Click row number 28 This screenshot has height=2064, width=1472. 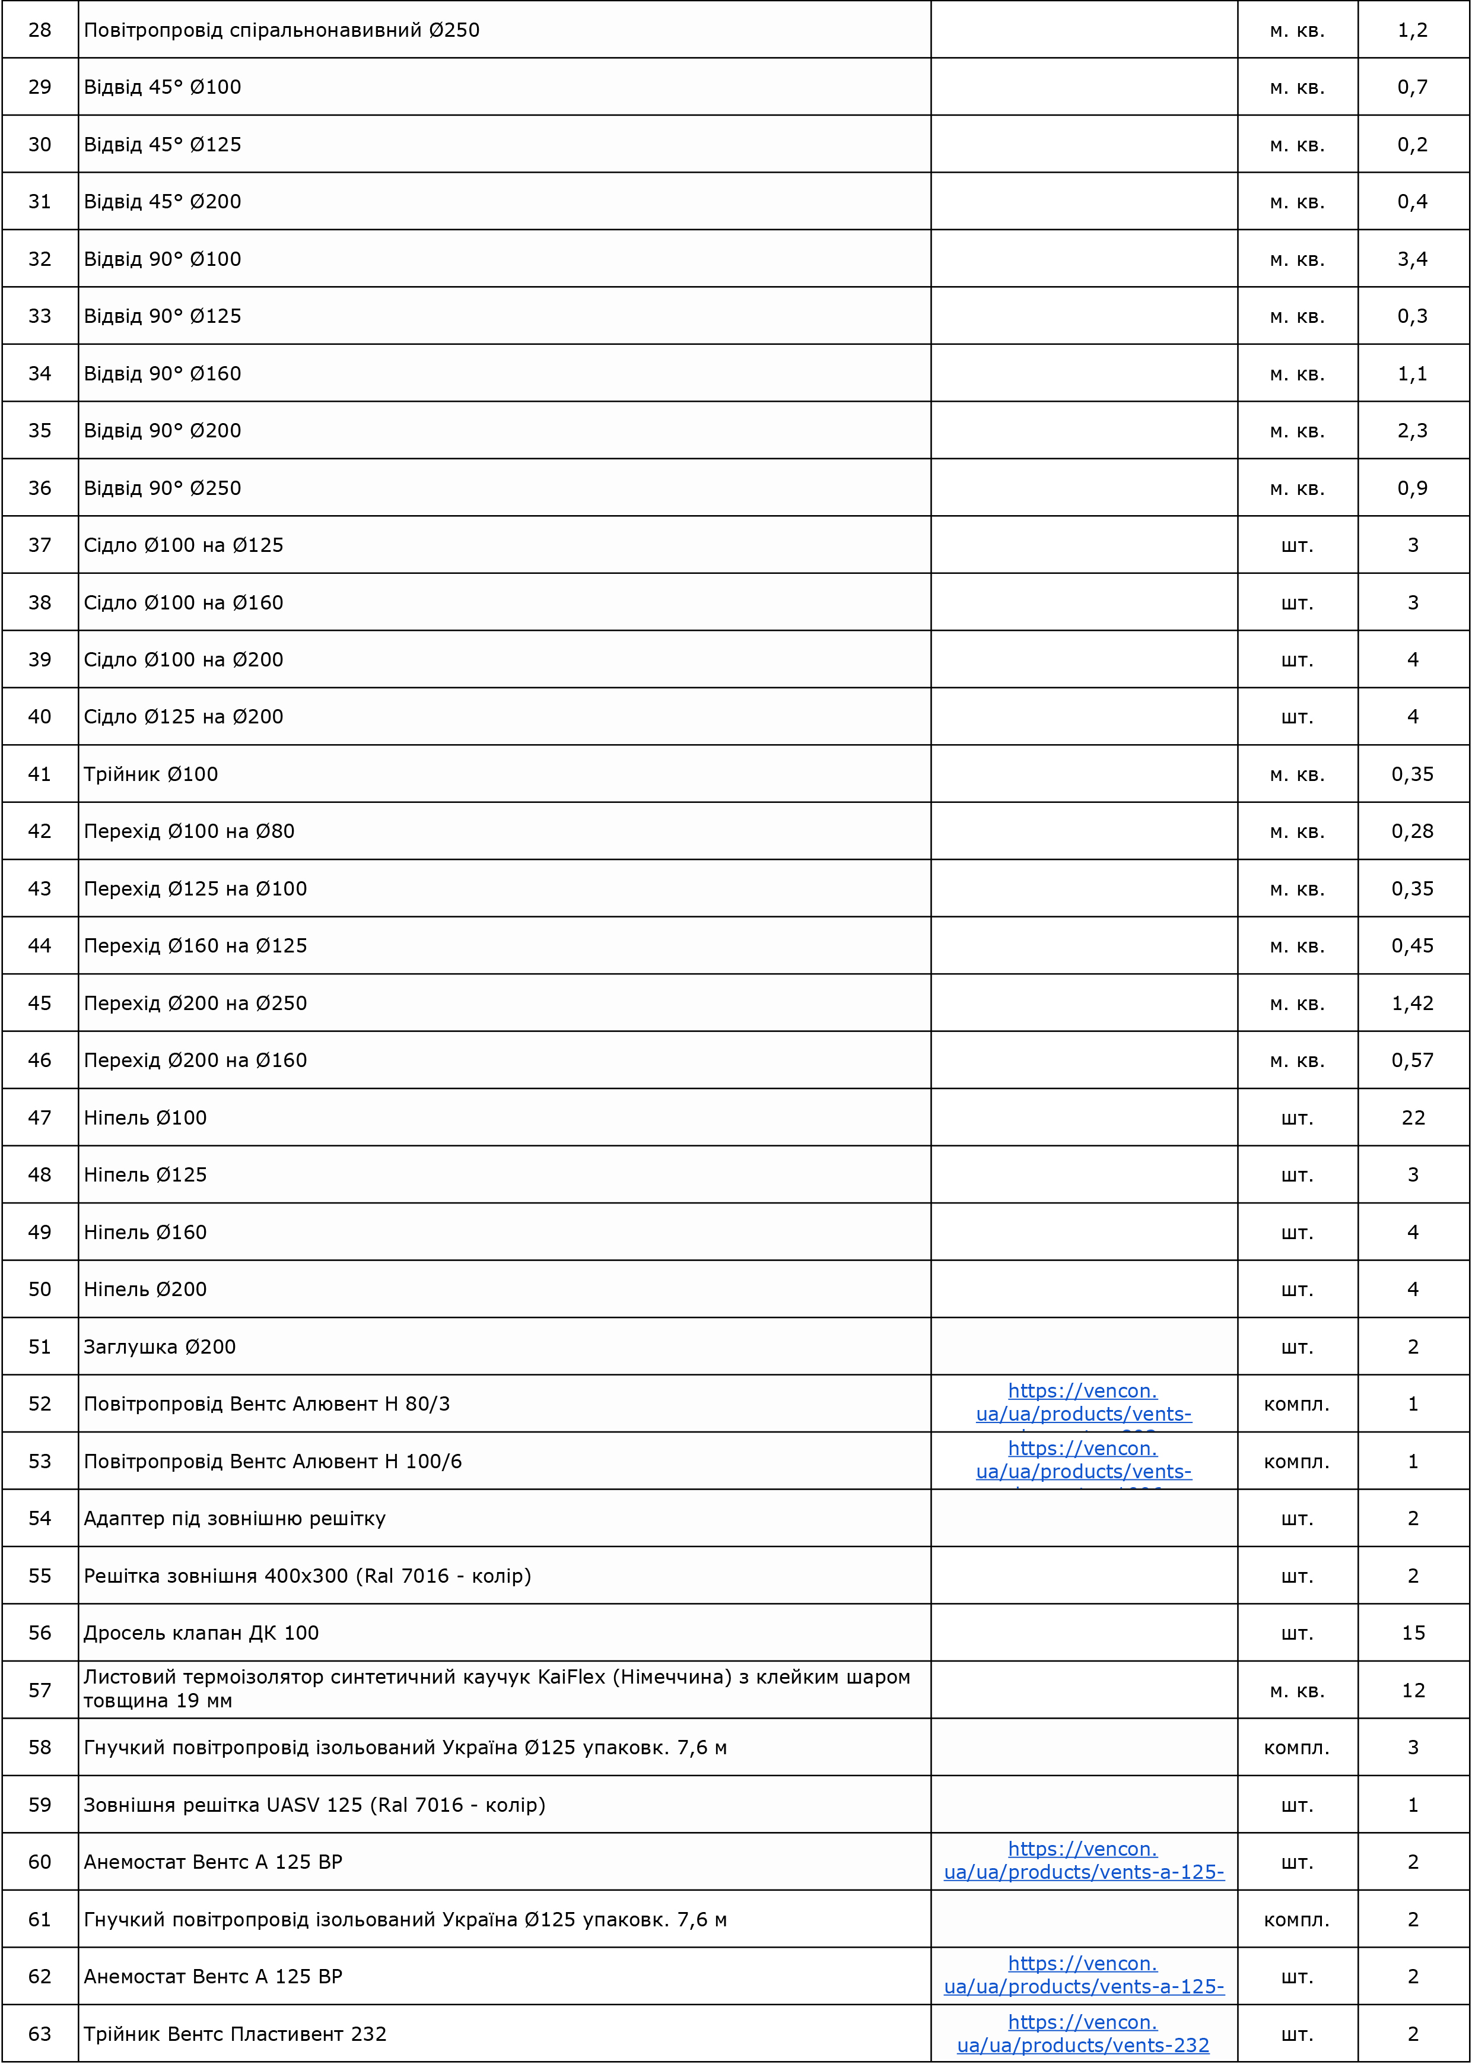tap(40, 30)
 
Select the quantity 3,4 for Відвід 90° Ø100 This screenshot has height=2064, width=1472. tap(1412, 259)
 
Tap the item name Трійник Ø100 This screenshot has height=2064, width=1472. tap(151, 774)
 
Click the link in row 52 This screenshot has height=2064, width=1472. tap(1083, 1402)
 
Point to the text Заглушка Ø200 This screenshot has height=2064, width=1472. tap(160, 1347)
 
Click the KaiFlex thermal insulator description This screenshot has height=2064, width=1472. tap(497, 1689)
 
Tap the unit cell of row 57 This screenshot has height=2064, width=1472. tap(1297, 1691)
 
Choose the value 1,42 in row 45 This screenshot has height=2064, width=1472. tap(1412, 1004)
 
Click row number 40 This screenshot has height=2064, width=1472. tap(40, 717)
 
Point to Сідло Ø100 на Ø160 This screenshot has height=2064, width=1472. tap(184, 603)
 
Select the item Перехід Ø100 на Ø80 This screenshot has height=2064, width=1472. tap(189, 831)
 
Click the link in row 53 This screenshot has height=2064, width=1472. tap(1083, 1460)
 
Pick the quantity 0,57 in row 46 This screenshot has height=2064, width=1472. tap(1412, 1060)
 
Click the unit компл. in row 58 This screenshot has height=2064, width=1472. tap(1297, 1748)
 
